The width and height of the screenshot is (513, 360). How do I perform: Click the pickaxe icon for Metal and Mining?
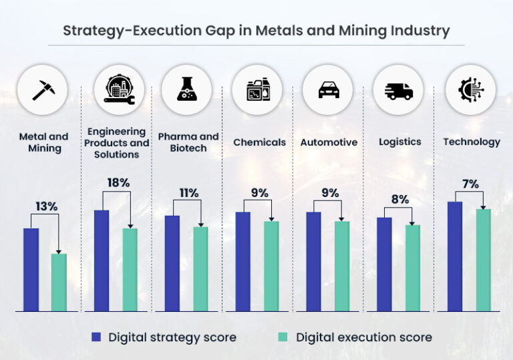click(x=44, y=89)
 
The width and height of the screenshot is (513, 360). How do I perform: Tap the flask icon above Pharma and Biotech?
click(x=186, y=89)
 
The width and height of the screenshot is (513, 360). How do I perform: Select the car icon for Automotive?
click(x=328, y=89)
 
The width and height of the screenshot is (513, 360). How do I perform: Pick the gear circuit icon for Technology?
click(x=470, y=89)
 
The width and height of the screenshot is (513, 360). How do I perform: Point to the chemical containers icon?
click(x=257, y=89)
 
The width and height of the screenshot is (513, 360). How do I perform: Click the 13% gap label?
click(x=47, y=207)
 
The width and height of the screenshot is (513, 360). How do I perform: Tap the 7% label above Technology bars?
click(x=470, y=184)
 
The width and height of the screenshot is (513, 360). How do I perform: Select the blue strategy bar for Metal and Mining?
click(x=31, y=269)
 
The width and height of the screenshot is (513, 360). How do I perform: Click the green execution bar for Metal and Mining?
click(x=59, y=282)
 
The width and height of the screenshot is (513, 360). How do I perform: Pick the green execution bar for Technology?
click(x=484, y=260)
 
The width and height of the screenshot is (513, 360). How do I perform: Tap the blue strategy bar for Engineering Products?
click(x=102, y=260)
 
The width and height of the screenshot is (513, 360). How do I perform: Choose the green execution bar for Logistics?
click(x=413, y=268)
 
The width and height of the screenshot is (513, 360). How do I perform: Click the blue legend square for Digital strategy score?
click(x=96, y=337)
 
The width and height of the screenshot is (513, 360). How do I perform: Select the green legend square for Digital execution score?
click(x=283, y=337)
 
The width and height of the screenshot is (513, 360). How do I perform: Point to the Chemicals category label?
click(x=259, y=142)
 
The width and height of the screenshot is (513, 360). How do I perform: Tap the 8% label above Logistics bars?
click(x=399, y=198)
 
